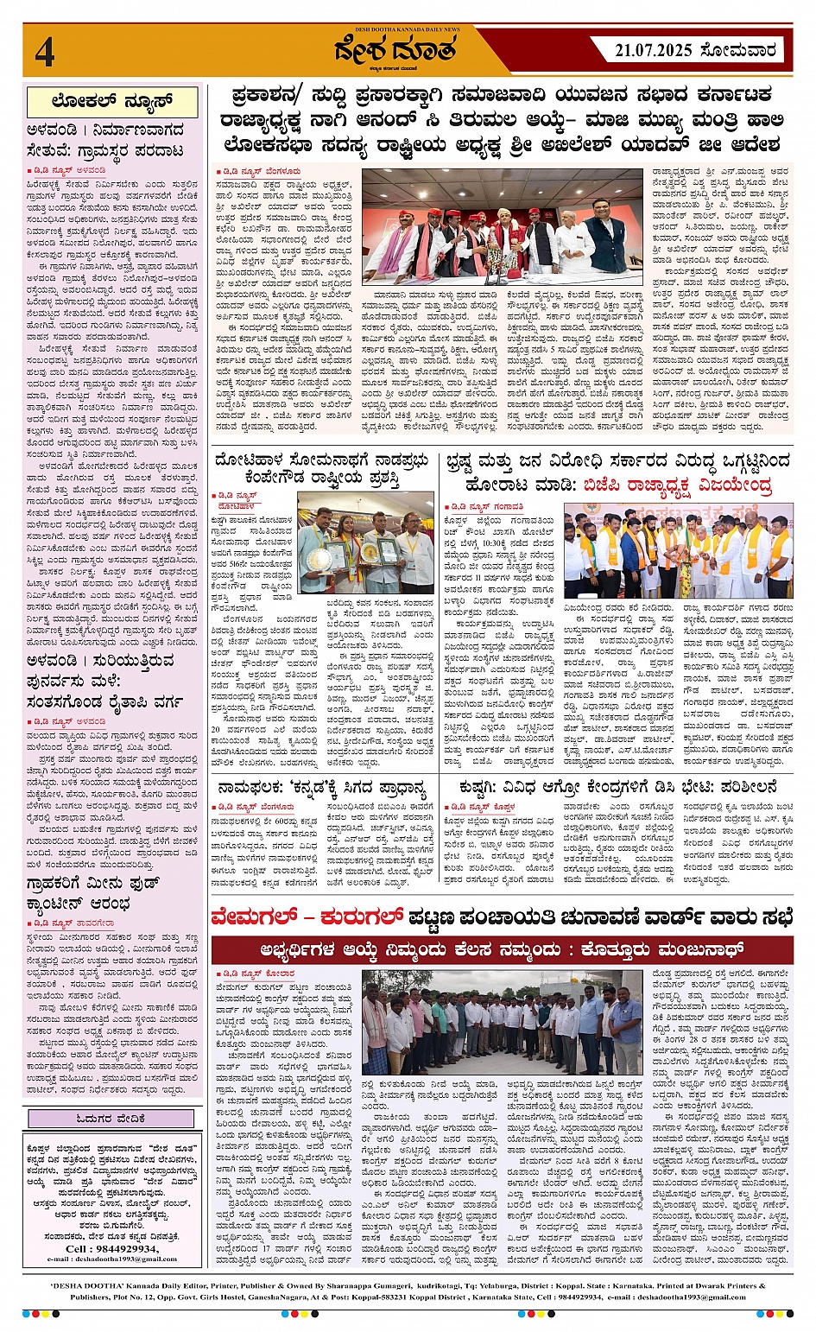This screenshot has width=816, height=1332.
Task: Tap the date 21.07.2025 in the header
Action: [x=653, y=51]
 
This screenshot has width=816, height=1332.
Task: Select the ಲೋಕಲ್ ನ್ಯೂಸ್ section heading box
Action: [x=112, y=102]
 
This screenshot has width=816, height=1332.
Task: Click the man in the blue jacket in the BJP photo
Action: [x=631, y=553]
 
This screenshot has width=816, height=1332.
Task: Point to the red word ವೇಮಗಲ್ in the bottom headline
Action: [x=263, y=917]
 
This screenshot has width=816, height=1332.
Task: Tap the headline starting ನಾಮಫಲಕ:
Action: [x=322, y=788]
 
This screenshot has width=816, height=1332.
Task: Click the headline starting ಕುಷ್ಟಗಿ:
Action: [x=617, y=788]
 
